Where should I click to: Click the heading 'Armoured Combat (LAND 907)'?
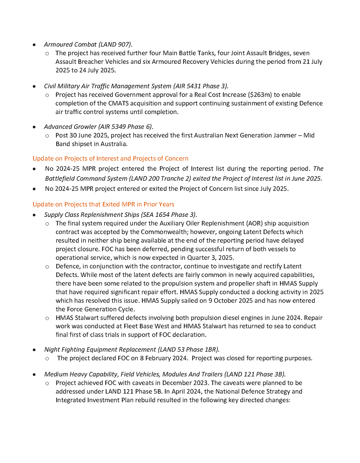(88, 44)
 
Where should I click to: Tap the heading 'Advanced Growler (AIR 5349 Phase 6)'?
(98, 127)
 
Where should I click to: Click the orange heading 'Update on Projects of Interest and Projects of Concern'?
(110, 159)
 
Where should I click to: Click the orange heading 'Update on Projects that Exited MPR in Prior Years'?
(103, 204)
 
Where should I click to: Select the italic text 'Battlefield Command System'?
(86, 178)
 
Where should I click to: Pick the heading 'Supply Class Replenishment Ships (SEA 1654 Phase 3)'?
(120, 215)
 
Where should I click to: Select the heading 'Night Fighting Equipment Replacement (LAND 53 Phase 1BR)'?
(132, 350)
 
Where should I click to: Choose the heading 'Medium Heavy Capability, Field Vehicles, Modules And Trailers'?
(133, 374)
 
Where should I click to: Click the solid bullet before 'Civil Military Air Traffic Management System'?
(34, 86)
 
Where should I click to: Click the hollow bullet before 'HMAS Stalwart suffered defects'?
(47, 318)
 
